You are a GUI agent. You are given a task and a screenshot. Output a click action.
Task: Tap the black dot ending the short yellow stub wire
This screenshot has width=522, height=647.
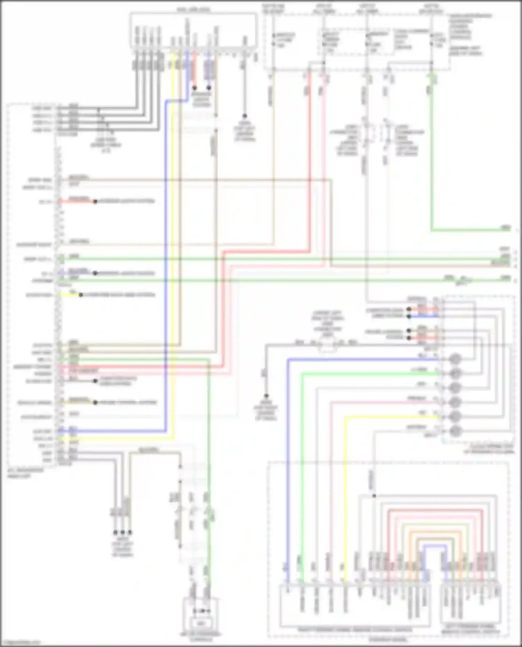point(81,295)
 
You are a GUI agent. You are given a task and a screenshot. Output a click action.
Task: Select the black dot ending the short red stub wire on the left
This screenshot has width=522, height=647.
point(95,201)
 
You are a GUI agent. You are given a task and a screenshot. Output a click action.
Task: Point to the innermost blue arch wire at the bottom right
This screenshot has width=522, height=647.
point(435,547)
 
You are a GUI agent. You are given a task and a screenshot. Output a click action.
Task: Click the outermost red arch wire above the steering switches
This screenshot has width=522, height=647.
point(435,510)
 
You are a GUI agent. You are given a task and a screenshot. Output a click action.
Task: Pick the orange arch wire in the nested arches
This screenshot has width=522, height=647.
point(435,532)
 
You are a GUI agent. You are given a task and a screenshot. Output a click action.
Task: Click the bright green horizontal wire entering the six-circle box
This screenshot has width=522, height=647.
point(369,373)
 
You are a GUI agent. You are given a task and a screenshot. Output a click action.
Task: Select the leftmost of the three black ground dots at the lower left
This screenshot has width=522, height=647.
point(115,532)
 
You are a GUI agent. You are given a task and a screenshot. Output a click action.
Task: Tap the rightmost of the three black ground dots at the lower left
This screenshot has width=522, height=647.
point(130,532)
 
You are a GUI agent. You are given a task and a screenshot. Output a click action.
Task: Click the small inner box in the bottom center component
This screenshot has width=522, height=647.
point(201,624)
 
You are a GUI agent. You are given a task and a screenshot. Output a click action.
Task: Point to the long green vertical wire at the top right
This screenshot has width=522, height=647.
point(432,156)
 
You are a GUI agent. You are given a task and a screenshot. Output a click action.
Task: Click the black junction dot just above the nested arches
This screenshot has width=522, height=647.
point(374,496)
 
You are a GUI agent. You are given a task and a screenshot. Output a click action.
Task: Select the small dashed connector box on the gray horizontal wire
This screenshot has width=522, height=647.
point(328,345)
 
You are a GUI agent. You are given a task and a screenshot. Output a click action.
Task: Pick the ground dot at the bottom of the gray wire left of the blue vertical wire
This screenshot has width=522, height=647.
point(266,396)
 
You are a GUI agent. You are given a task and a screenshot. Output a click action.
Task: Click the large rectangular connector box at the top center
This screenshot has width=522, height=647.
point(194,30)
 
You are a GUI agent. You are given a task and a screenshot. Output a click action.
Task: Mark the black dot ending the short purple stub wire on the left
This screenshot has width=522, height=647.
point(95,273)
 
